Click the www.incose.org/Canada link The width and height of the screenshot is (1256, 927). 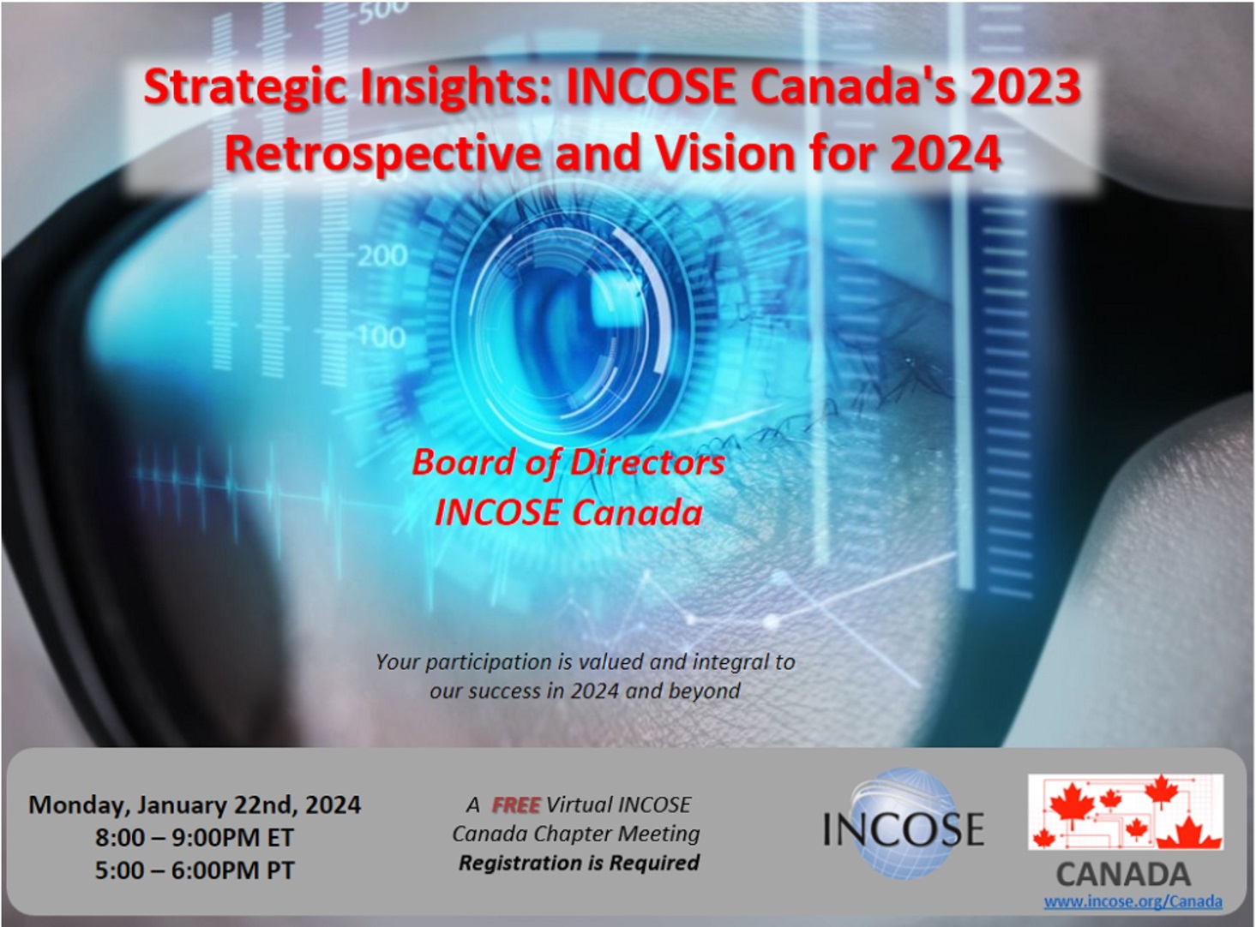pyautogui.click(x=1133, y=901)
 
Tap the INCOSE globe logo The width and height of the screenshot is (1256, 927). pyautogui.click(x=904, y=826)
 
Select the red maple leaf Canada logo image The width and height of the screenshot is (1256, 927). pyautogui.click(x=1126, y=811)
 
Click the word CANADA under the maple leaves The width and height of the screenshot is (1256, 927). pyautogui.click(x=1123, y=874)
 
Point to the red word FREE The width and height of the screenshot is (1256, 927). pyautogui.click(x=515, y=805)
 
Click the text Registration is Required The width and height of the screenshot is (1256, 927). pyautogui.click(x=579, y=863)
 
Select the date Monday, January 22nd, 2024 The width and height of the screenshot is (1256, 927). pyautogui.click(x=195, y=805)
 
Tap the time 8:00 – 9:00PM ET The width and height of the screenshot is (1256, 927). pyautogui.click(x=195, y=838)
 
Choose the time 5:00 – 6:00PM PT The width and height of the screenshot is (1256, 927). pyautogui.click(x=195, y=870)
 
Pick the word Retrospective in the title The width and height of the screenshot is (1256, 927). pyautogui.click(x=382, y=154)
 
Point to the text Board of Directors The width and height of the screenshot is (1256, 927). pyautogui.click(x=568, y=463)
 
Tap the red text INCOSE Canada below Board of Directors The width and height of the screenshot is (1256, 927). pyautogui.click(x=568, y=513)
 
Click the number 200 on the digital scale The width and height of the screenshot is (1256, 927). pyautogui.click(x=382, y=255)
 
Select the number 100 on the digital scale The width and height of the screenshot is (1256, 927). pyautogui.click(x=382, y=337)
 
